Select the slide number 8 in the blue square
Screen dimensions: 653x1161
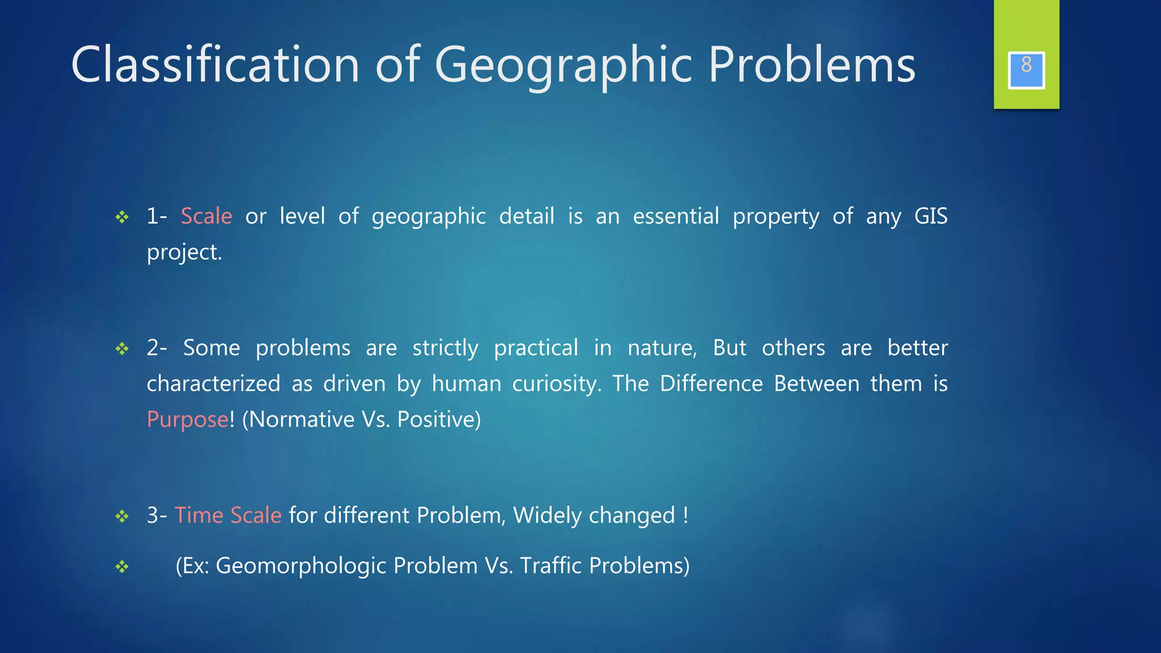pyautogui.click(x=1026, y=65)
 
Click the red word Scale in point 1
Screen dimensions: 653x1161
pyautogui.click(x=206, y=216)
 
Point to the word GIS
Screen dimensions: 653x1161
pyautogui.click(x=930, y=216)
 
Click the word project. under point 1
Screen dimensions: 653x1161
pyautogui.click(x=184, y=252)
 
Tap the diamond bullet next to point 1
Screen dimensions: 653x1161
pyautogui.click(x=122, y=217)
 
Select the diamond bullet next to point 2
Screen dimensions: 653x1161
pyautogui.click(x=122, y=349)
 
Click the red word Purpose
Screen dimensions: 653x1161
pyautogui.click(x=188, y=419)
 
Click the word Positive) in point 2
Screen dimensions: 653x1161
pyautogui.click(x=439, y=419)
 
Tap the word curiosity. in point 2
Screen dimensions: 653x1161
pyautogui.click(x=556, y=384)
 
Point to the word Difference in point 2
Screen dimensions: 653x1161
pyautogui.click(x=711, y=384)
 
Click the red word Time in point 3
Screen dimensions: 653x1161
pyautogui.click(x=198, y=515)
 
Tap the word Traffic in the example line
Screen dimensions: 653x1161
pyautogui.click(x=550, y=566)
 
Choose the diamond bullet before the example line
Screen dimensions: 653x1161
pyautogui.click(x=122, y=567)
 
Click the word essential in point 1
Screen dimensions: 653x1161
pyautogui.click(x=676, y=216)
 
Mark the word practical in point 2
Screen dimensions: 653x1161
pyautogui.click(x=536, y=347)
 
